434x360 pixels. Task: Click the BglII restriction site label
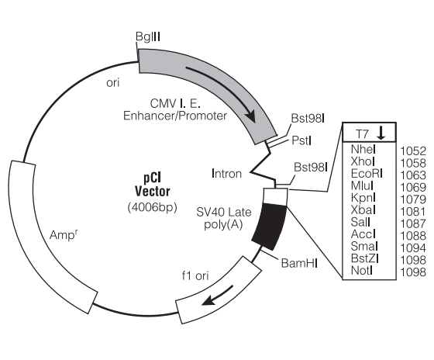pos(148,36)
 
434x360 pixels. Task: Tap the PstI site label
pos(301,140)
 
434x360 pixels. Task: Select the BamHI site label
pos(299,263)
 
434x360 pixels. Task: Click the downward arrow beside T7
pos(381,133)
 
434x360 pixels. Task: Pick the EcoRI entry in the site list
pos(367,174)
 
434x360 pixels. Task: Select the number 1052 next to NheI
pos(413,151)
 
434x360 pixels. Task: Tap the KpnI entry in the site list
pos(363,198)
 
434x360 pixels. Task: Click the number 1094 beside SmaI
pos(413,247)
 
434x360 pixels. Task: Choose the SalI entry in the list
pos(360,222)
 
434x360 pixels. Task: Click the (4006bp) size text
pos(152,207)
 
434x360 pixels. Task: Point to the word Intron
pos(226,174)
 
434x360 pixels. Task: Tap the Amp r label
pos(64,234)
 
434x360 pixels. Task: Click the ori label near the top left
pos(112,82)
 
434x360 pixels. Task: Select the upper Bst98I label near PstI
pos(308,119)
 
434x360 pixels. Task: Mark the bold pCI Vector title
pos(152,185)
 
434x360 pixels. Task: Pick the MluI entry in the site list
pos(362,185)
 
